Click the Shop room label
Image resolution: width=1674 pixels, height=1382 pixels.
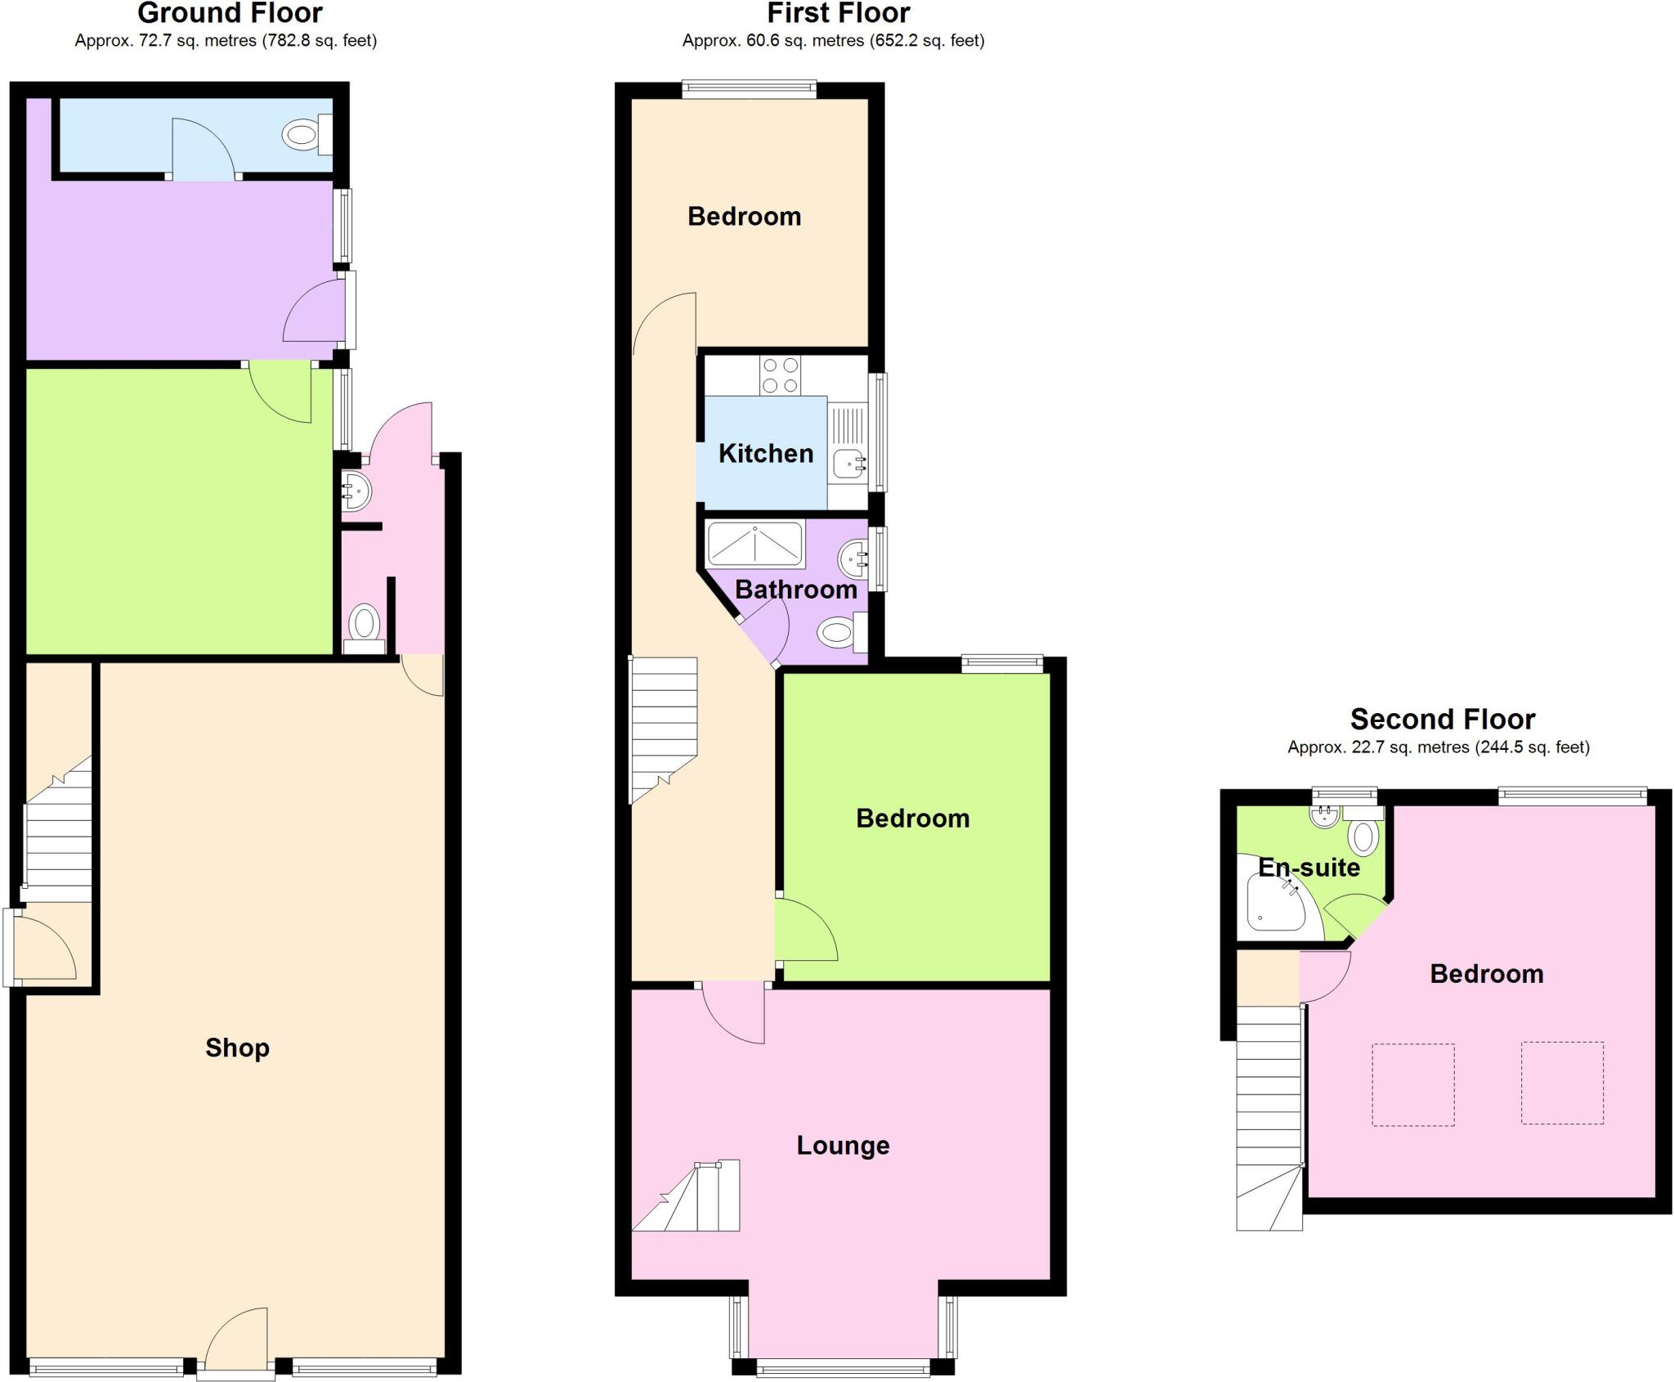click(x=237, y=1048)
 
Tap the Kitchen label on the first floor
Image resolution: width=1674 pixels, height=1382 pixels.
click(x=766, y=454)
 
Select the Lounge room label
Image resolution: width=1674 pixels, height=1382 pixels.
click(x=843, y=1146)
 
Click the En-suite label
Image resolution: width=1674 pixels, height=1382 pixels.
click(x=1309, y=868)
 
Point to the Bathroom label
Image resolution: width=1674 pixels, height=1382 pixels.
click(x=796, y=590)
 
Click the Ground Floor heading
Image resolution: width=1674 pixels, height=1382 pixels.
click(x=230, y=13)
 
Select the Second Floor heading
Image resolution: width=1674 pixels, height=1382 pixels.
click(x=1442, y=720)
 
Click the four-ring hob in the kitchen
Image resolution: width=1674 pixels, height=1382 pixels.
click(x=780, y=376)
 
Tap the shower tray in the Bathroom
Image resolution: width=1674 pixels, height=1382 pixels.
click(x=754, y=544)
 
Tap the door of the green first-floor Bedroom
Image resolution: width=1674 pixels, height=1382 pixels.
click(x=806, y=932)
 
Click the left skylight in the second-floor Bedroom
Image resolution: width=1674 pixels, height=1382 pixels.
click(x=1412, y=1084)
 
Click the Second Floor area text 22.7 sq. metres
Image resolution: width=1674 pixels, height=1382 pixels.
click(x=1438, y=747)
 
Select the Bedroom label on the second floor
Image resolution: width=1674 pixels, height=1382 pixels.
click(x=1486, y=974)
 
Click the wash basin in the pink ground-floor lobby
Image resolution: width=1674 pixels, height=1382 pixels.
click(x=356, y=491)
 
